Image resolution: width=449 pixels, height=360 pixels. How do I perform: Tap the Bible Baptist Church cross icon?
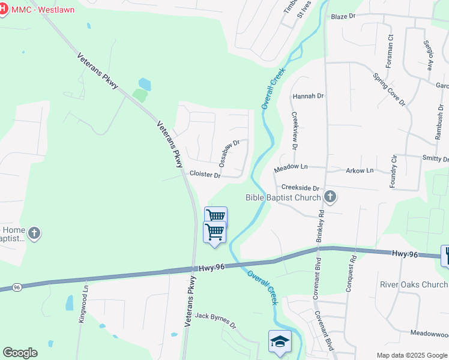tap(330, 196)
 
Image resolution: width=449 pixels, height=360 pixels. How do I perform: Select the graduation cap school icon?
tap(280, 341)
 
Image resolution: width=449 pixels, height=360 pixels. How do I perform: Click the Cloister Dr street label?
tap(205, 174)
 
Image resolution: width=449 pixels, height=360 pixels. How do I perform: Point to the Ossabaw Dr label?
tap(229, 153)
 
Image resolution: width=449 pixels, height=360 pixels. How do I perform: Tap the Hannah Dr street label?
tap(308, 96)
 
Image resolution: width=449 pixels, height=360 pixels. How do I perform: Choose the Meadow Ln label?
tap(291, 169)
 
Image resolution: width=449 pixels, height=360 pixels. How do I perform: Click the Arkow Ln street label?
tap(360, 170)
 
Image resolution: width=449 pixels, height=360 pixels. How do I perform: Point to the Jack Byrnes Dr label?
tap(215, 320)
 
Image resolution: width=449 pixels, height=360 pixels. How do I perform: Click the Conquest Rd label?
tap(351, 274)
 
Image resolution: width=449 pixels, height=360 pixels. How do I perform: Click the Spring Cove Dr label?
tap(389, 89)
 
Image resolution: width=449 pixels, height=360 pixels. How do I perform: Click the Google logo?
tap(20, 353)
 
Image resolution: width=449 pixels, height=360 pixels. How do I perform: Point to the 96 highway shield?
tap(16, 287)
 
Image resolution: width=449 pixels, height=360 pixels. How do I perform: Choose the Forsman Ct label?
tap(390, 50)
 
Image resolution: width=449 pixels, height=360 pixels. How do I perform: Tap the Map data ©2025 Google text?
tap(412, 355)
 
